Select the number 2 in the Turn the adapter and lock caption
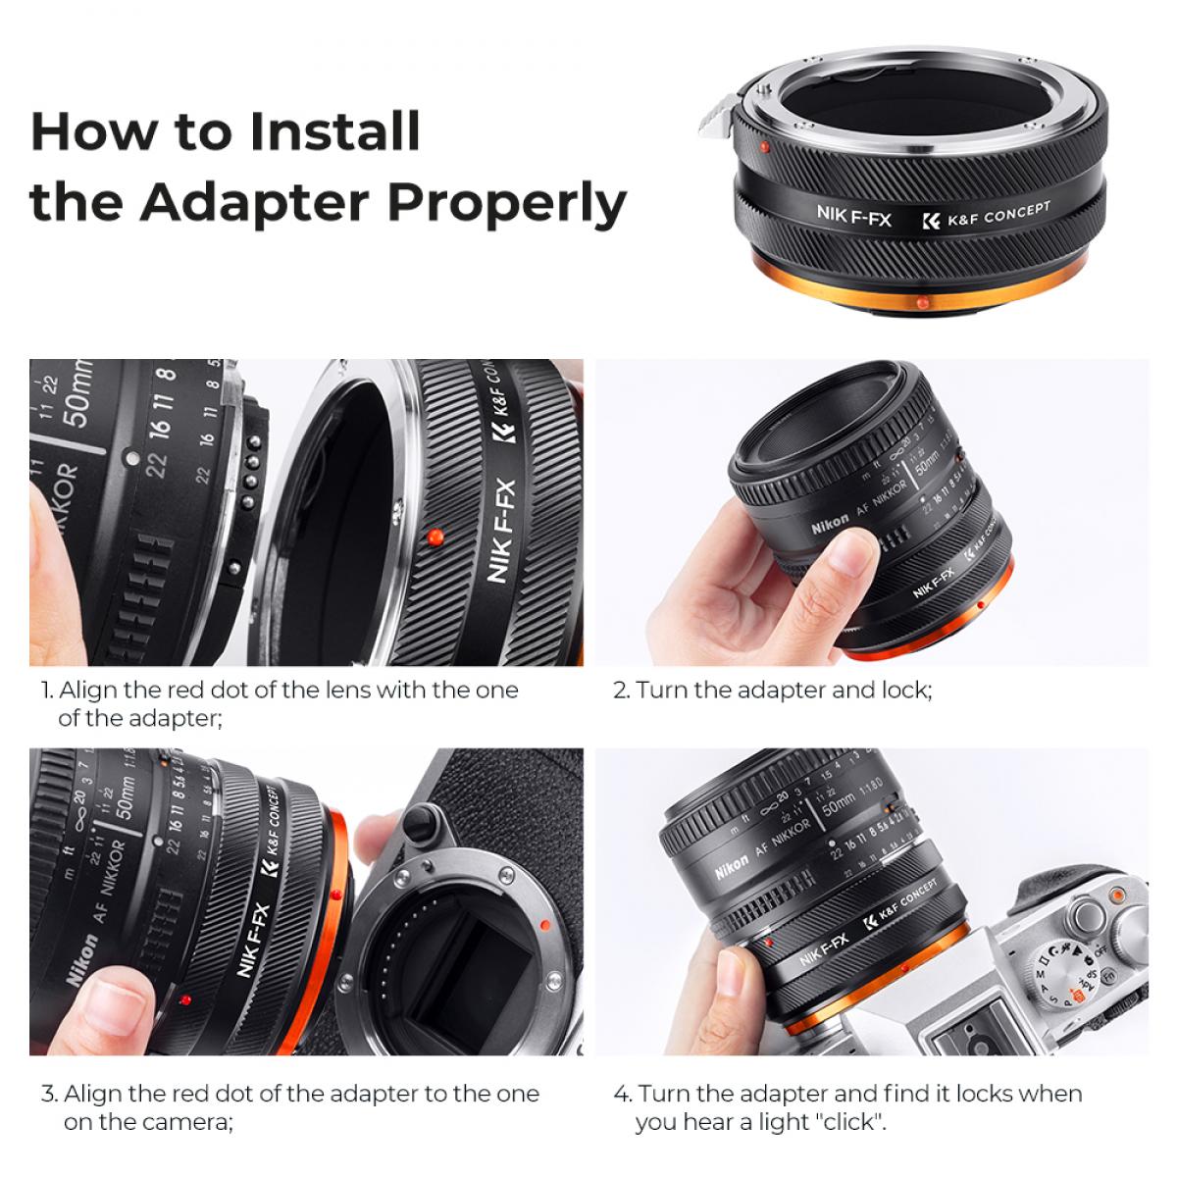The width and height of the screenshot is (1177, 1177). coord(620,691)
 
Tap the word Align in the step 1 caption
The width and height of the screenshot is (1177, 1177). coord(92,691)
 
